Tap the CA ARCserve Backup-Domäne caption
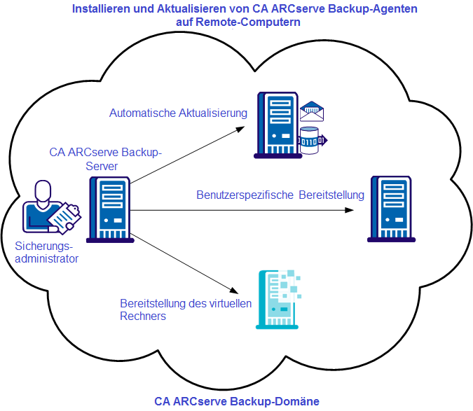tap(237, 401)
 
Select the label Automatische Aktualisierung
tap(179, 113)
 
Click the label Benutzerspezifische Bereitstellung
tap(280, 195)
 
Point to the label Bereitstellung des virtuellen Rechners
tap(185, 309)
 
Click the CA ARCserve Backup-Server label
tap(105, 158)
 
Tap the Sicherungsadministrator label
tap(46, 252)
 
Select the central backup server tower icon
tap(110, 209)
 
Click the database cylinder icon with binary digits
tap(310, 139)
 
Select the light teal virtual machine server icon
tap(279, 299)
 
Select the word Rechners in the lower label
tap(143, 316)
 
